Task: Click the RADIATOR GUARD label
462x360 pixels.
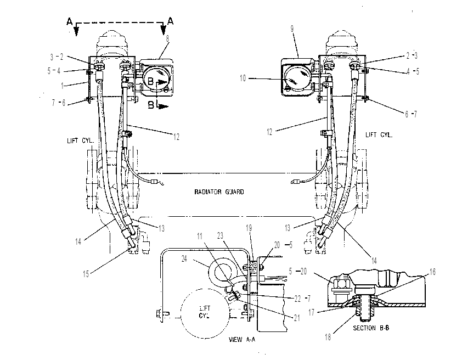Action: pos(219,192)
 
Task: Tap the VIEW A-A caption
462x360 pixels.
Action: pos(242,339)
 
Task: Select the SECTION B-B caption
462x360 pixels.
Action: pos(371,328)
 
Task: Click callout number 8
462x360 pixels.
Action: pos(168,38)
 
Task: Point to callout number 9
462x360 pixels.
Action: pos(292,29)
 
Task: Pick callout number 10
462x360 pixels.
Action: pos(243,78)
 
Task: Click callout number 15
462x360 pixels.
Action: pos(86,274)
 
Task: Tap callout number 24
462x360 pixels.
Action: pos(184,259)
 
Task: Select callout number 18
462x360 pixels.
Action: pos(328,337)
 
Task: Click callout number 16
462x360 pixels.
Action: pos(432,272)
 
